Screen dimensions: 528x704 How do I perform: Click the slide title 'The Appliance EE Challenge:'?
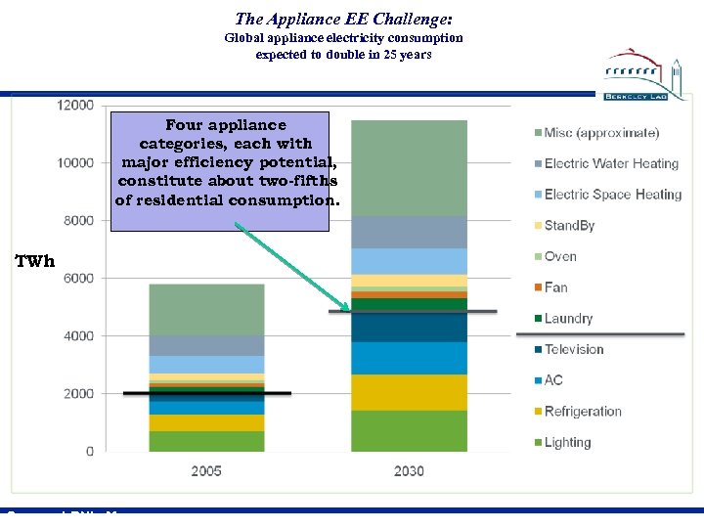343,19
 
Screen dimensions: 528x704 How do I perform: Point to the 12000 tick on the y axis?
75,105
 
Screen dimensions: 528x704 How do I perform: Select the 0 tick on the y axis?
89,452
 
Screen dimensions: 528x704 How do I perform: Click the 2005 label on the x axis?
206,471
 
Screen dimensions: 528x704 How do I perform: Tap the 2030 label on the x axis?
409,471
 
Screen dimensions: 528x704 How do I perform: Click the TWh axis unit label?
34,261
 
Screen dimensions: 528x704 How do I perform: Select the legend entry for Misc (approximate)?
600,133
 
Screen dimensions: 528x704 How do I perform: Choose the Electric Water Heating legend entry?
610,163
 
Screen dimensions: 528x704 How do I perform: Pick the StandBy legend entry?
569,226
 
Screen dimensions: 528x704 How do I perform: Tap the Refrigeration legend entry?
582,412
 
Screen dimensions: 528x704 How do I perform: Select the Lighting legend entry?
567,442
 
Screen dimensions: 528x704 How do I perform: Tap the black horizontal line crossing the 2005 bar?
206,393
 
